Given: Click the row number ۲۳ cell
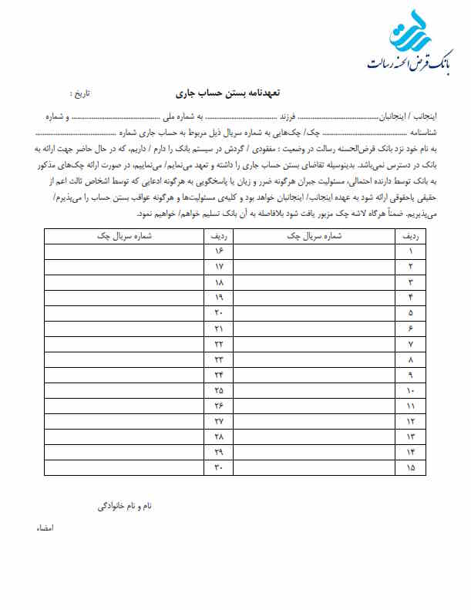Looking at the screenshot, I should click(218, 359).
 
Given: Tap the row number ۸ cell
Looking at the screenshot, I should click(410, 359).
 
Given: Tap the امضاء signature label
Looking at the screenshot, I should click(43, 530).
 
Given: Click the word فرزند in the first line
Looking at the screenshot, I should click(287, 116).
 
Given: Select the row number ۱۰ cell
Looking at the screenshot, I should click(410, 390).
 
